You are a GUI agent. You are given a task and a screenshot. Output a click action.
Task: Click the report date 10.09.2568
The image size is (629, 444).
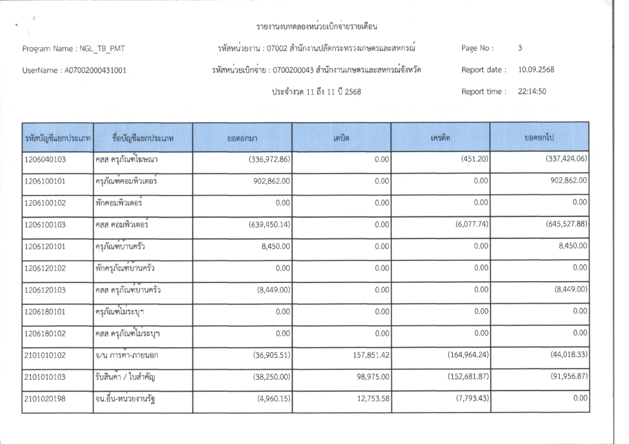536,69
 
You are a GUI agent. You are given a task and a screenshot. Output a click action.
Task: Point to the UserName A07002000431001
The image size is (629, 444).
95,70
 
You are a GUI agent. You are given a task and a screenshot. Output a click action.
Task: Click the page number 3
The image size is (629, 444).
520,47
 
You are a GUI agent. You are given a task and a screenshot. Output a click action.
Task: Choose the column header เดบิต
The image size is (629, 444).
342,136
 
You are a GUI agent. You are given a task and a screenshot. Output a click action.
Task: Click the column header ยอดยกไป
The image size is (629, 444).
539,136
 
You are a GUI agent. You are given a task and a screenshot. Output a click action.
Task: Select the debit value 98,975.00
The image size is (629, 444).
367,377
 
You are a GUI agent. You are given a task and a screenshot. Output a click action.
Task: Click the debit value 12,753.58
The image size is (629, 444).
367,399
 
